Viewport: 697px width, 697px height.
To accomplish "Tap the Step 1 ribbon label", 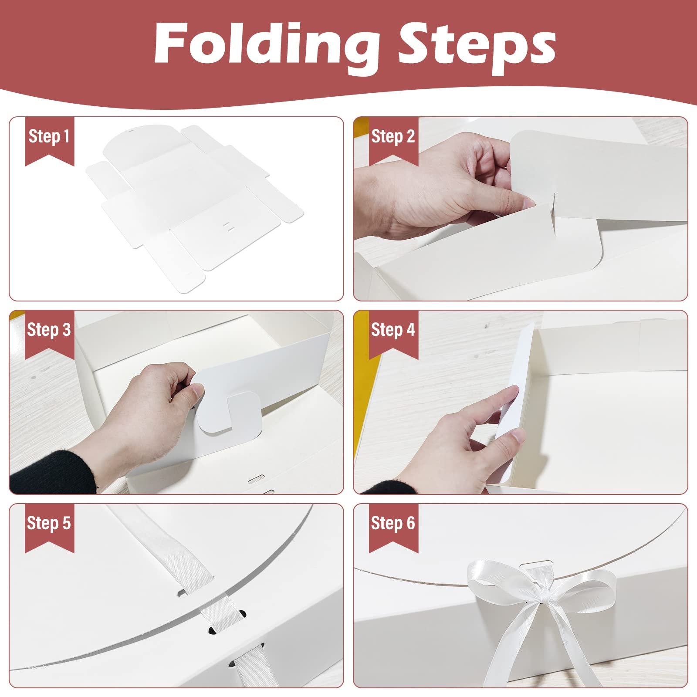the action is pos(49,140).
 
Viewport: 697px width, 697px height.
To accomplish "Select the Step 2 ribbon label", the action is pos(393,140).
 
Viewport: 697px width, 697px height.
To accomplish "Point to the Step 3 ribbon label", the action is pos(49,334).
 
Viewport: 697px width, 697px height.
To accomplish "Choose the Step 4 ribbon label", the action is pos(393,334).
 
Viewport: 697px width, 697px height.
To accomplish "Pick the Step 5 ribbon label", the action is pos(49,528).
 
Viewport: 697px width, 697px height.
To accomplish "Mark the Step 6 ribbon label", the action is pos(393,528).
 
